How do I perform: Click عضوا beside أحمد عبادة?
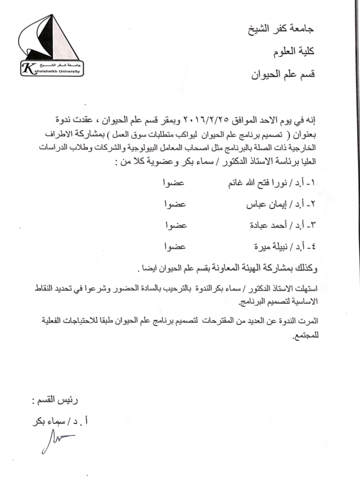click(x=174, y=225)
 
